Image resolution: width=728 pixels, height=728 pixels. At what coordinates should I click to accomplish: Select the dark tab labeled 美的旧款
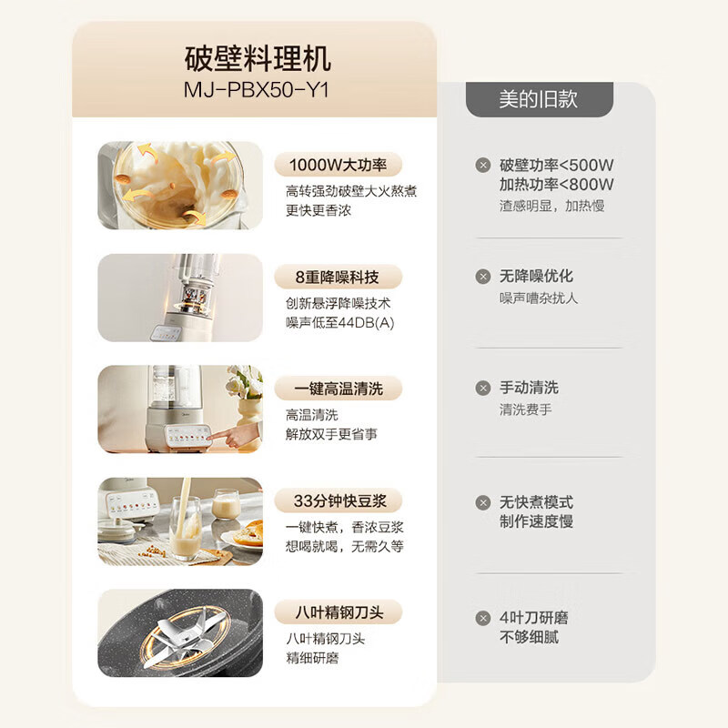(537, 99)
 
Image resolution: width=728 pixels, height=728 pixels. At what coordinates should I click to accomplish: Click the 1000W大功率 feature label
(338, 165)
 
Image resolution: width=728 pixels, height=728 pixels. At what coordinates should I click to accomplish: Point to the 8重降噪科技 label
(338, 277)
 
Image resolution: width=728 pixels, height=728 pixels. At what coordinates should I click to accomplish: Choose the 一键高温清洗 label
(338, 389)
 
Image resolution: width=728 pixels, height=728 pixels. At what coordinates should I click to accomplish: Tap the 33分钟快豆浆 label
(338, 500)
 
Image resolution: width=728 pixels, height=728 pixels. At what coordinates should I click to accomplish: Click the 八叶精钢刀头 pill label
(338, 612)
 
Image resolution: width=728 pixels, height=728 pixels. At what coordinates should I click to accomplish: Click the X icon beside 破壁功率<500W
(482, 165)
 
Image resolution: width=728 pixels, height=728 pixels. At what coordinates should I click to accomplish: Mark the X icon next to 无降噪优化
(482, 276)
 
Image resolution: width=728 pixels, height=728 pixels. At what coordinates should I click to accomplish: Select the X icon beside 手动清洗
(482, 388)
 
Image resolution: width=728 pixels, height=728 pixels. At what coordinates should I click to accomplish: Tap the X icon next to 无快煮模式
(482, 502)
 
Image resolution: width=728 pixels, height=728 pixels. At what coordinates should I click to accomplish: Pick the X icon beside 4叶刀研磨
(482, 618)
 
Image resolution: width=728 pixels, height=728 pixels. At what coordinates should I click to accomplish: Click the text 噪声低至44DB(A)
(339, 323)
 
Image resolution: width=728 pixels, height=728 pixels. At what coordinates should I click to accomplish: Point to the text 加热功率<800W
(556, 185)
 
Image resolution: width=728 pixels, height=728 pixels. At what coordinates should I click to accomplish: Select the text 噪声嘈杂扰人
(539, 298)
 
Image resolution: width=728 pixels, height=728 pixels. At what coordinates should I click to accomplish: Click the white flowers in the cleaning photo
(244, 382)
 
